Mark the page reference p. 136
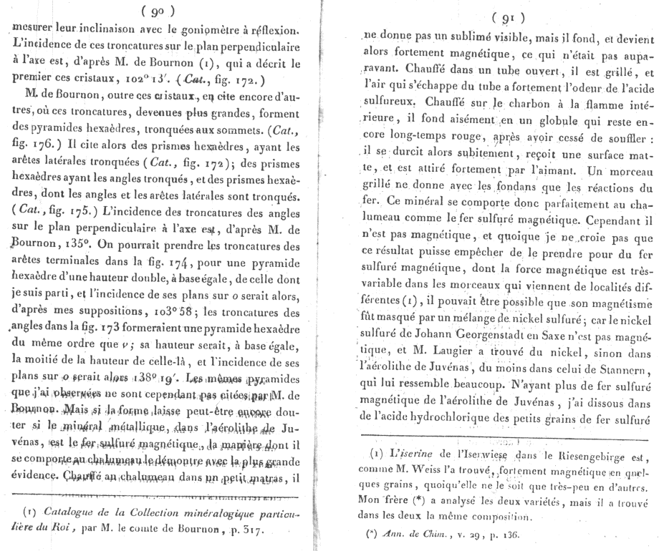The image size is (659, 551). click(478, 532)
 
